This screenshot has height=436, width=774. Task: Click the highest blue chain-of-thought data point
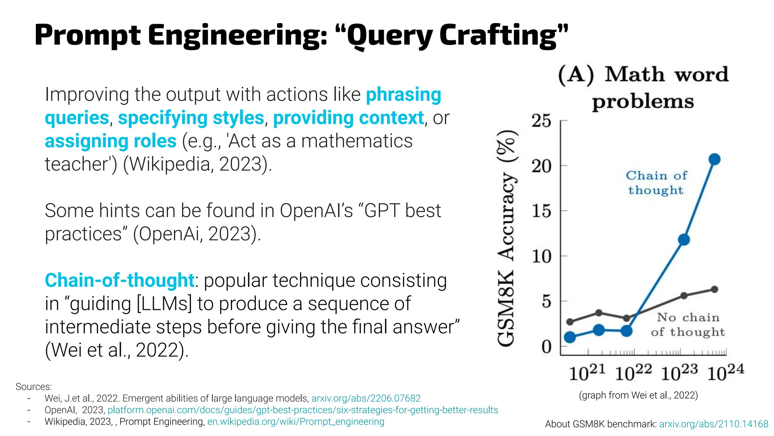(x=714, y=159)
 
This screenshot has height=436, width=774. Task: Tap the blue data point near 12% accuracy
(x=684, y=240)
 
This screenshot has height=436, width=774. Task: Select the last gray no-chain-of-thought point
(x=714, y=290)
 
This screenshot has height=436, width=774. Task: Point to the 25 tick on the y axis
(x=542, y=121)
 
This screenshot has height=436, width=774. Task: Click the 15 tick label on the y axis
(x=542, y=211)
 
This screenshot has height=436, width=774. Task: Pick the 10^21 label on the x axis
(x=587, y=372)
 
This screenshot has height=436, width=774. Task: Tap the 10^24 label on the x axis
(x=725, y=372)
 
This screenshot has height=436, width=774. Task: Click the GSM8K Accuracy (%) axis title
(x=506, y=238)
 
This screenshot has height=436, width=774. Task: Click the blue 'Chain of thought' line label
(x=656, y=183)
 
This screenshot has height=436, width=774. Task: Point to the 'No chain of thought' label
(x=688, y=324)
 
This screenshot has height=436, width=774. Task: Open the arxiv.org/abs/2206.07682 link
(x=366, y=398)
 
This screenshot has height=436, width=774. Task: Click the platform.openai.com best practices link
(x=303, y=410)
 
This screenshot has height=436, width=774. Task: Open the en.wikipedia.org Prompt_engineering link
(x=296, y=422)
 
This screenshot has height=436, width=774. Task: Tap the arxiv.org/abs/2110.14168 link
(x=714, y=424)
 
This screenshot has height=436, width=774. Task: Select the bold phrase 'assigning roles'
(x=110, y=141)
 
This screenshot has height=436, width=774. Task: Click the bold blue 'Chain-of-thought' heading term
(x=119, y=280)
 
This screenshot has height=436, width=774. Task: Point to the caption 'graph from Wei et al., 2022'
(x=638, y=395)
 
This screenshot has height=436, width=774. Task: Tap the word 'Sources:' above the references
(x=34, y=387)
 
